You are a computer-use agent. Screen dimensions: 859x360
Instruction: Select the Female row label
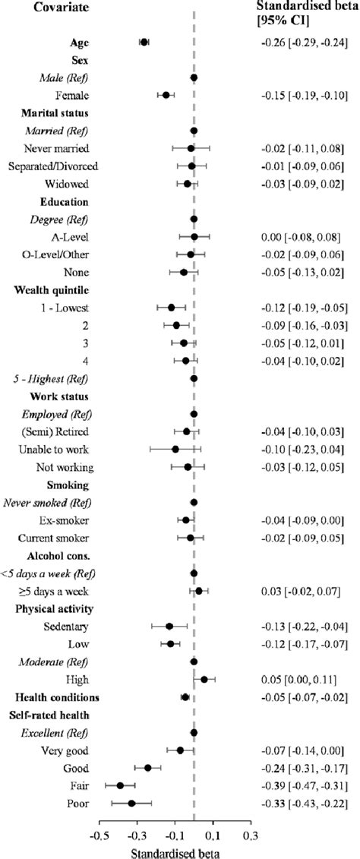tap(72, 95)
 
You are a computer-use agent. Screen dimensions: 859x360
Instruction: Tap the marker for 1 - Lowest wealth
tap(171, 308)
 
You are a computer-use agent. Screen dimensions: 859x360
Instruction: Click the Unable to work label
tap(58, 449)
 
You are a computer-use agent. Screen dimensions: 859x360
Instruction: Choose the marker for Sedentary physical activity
tap(169, 626)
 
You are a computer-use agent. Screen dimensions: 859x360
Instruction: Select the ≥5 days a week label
tap(58, 590)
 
